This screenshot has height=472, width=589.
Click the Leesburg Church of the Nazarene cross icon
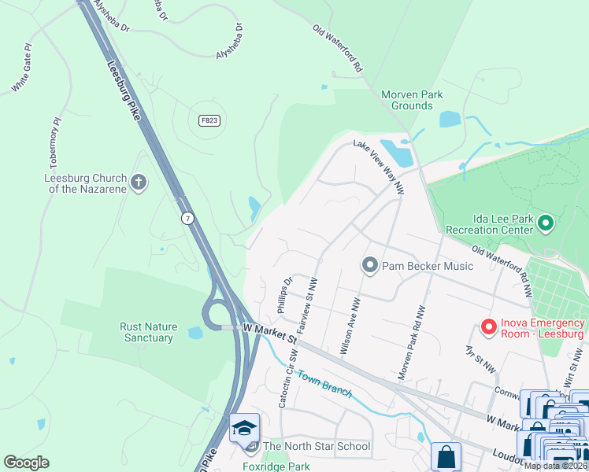tap(139, 183)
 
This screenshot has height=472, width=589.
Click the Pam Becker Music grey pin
tap(370, 266)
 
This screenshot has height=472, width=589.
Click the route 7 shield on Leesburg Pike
tap(187, 218)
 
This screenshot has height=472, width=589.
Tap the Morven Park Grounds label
tap(412, 100)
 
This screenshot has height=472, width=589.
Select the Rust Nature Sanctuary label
tap(148, 332)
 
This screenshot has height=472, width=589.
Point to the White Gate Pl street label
tap(24, 69)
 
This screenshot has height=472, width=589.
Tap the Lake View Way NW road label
tap(379, 167)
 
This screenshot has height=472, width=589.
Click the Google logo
tap(26, 463)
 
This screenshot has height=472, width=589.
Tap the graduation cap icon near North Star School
tap(244, 428)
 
